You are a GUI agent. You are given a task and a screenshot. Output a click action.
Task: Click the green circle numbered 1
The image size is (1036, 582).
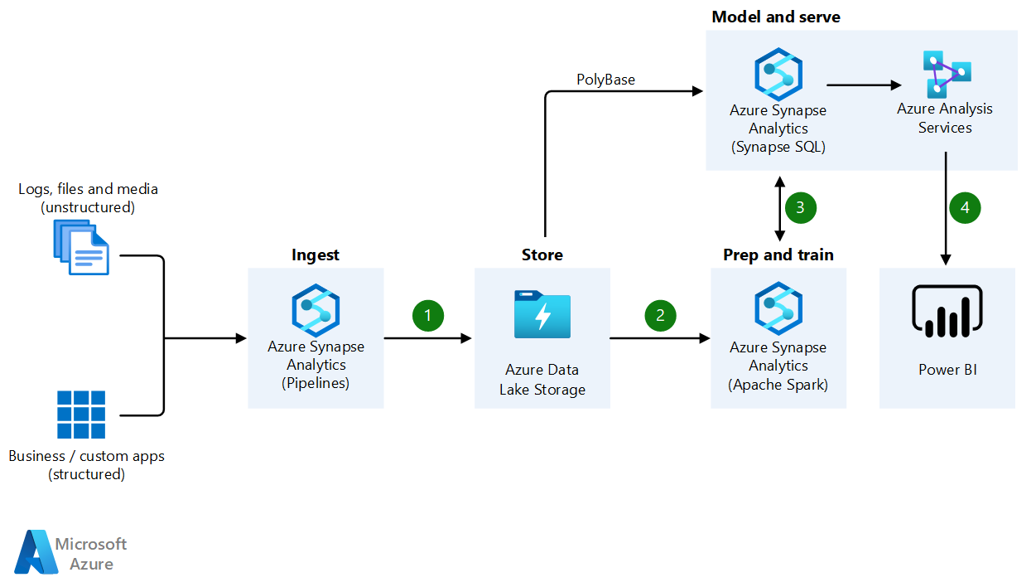[x=427, y=315]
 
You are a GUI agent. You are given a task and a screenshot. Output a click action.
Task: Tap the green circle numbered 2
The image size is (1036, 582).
[x=660, y=315]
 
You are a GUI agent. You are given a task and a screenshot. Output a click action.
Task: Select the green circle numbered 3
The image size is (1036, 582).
[x=800, y=207]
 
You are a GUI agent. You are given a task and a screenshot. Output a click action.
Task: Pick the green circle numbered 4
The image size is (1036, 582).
[x=965, y=207]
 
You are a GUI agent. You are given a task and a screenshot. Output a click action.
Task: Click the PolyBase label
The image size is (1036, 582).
[x=605, y=80]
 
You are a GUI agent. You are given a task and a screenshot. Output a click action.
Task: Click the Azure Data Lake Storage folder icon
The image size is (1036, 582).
[x=542, y=314]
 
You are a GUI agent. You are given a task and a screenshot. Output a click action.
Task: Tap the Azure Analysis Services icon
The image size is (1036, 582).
[x=945, y=74]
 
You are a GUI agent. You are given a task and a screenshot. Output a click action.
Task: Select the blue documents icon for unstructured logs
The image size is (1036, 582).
[x=80, y=247]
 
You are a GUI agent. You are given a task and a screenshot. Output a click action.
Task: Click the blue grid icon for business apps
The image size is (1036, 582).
[x=81, y=415]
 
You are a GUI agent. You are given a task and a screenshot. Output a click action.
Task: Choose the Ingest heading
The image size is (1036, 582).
[x=315, y=255]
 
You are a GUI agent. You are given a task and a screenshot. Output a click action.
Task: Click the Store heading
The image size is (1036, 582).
[x=542, y=255]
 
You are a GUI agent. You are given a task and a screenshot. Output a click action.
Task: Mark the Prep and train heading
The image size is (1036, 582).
[x=778, y=255]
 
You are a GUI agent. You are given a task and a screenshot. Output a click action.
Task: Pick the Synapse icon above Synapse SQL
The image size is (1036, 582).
[x=778, y=74]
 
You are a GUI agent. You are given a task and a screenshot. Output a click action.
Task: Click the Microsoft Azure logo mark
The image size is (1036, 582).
[x=34, y=551]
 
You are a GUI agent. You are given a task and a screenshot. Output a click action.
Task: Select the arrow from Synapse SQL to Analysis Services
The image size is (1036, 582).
[x=863, y=85]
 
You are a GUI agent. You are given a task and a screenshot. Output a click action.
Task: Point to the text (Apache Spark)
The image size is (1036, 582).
[x=778, y=384]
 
